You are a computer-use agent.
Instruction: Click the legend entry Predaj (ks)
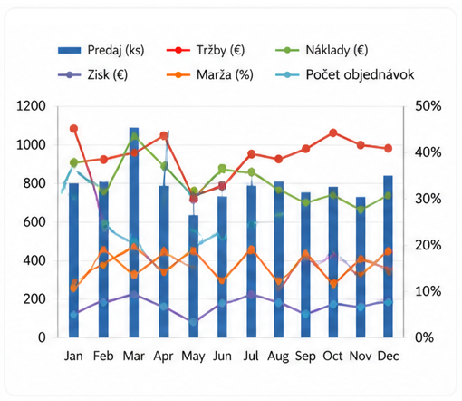(101, 50)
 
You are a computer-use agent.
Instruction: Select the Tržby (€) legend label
(206, 50)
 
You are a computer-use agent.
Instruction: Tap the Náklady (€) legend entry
(322, 50)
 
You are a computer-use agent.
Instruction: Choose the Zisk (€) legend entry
(92, 74)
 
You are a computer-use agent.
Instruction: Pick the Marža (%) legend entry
(210, 74)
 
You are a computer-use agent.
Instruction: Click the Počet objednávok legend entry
(345, 74)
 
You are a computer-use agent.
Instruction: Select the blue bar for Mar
(134, 232)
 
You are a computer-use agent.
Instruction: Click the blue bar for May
(194, 276)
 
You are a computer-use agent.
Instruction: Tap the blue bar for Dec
(388, 257)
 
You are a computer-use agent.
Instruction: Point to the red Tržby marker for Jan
(73, 129)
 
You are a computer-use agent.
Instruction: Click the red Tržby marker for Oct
(333, 132)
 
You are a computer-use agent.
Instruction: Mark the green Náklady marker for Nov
(361, 209)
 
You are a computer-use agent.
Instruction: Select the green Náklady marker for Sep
(306, 202)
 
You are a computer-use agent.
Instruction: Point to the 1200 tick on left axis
(31, 106)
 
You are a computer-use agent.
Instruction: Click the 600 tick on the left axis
(34, 222)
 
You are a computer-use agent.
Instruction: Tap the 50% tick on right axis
(428, 106)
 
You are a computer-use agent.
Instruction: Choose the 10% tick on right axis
(428, 291)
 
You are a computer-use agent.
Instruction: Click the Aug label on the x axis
(278, 357)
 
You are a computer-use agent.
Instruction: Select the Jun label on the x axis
(222, 356)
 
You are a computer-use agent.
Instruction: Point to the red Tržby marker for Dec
(389, 149)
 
